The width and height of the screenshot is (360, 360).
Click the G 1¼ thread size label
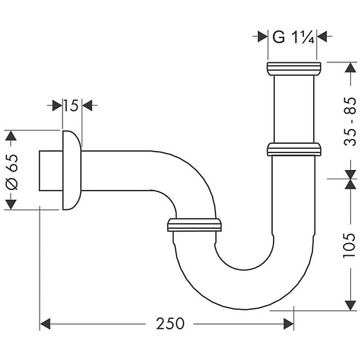pos(293,36)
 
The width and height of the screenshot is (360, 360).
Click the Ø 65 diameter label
pos(13,170)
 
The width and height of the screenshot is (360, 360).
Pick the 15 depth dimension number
pos(69,106)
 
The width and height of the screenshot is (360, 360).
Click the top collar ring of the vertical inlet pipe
pos(293,69)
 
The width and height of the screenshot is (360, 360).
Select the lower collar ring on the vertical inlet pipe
pos(293,149)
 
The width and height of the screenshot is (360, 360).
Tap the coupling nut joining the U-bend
pos(194,225)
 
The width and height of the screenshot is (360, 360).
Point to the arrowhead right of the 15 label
pos(89,106)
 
